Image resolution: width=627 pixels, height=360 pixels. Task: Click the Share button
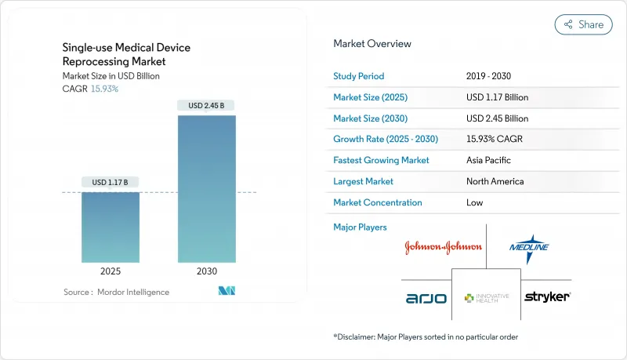coord(583,24)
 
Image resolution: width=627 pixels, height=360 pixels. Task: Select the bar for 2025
coord(111,227)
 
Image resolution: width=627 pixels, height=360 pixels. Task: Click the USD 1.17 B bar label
coord(111,183)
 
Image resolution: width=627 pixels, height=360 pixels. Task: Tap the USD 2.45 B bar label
coord(206,106)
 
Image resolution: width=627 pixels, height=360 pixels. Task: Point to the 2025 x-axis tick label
coord(111,271)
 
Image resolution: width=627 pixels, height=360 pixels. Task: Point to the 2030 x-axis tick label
coord(206,271)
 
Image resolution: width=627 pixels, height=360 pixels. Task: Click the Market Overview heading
coord(372,44)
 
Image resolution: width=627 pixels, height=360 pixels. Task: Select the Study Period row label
coord(359,77)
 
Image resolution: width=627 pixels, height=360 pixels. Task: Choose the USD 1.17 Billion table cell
coord(497,97)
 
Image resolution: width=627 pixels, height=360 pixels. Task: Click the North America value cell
coord(495,181)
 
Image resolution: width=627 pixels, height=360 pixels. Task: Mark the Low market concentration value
coord(475,202)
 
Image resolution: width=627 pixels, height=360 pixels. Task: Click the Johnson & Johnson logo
coord(443,247)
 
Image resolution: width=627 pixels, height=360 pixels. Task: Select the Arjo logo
coord(426,298)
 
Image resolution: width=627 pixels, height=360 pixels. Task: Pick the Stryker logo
coord(547,296)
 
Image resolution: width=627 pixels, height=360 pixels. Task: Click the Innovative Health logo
coord(486,298)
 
